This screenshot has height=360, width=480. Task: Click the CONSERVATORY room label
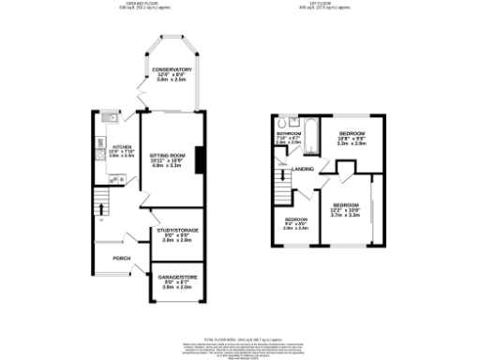[x=172, y=70]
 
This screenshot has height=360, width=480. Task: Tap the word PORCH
[x=122, y=258]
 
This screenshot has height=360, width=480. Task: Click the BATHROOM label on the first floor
[x=288, y=134]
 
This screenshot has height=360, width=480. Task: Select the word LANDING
[x=303, y=169]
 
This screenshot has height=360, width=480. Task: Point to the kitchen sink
[x=107, y=120]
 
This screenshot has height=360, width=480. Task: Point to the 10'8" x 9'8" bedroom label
[x=352, y=140]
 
